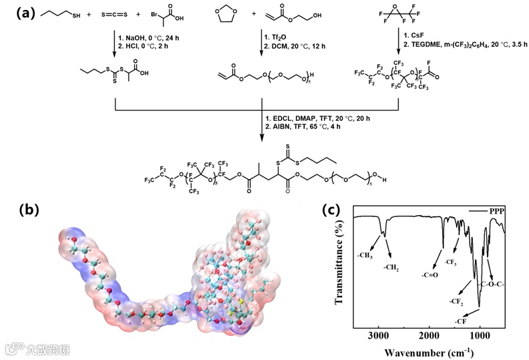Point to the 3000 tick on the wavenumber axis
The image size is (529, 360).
[379, 335]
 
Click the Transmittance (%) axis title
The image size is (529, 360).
[339, 265]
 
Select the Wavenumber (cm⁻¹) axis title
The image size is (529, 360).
[428, 350]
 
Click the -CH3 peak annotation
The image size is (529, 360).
[365, 255]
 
